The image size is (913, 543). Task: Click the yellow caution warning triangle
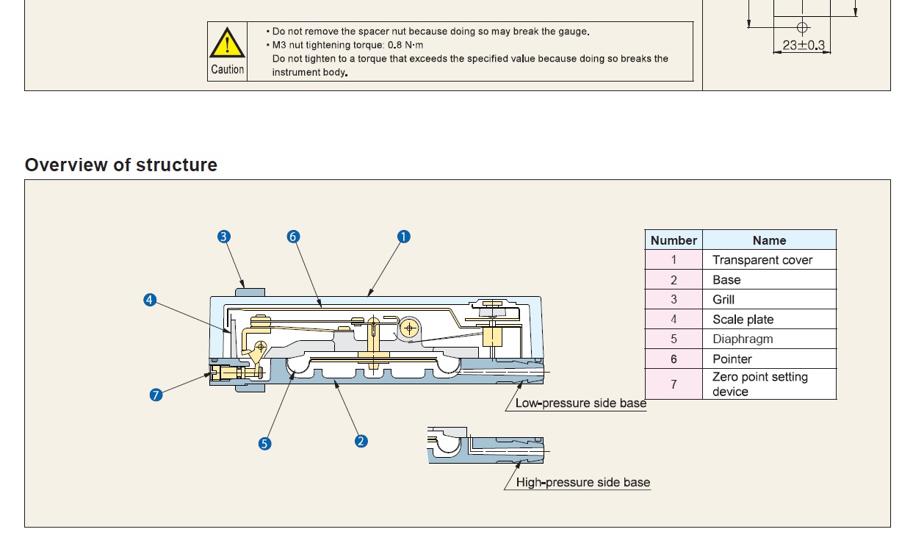click(x=227, y=43)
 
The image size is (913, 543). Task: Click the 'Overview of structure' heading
click(x=121, y=165)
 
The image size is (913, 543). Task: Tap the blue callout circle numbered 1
click(x=403, y=237)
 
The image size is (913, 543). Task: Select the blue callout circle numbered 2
click(x=361, y=442)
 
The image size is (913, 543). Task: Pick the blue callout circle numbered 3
click(x=224, y=237)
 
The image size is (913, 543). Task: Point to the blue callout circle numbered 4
click(x=150, y=300)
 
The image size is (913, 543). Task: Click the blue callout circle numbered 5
click(x=264, y=444)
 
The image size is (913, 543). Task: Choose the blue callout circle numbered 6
click(x=293, y=237)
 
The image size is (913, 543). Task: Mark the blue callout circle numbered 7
click(x=156, y=395)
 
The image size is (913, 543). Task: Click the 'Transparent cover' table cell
click(x=762, y=260)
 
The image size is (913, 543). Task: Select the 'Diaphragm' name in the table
click(x=743, y=339)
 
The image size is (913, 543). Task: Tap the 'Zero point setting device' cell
click(x=760, y=384)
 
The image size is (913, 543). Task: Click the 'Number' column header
click(x=674, y=240)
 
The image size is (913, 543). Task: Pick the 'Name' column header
click(x=769, y=240)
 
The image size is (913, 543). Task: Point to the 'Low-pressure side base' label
click(x=580, y=403)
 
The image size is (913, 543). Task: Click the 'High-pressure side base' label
click(x=582, y=483)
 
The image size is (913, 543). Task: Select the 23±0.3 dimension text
click(x=803, y=46)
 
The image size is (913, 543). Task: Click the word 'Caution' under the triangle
click(x=227, y=70)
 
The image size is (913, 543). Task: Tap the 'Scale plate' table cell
click(x=743, y=320)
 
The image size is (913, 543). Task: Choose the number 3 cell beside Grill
click(x=674, y=300)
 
